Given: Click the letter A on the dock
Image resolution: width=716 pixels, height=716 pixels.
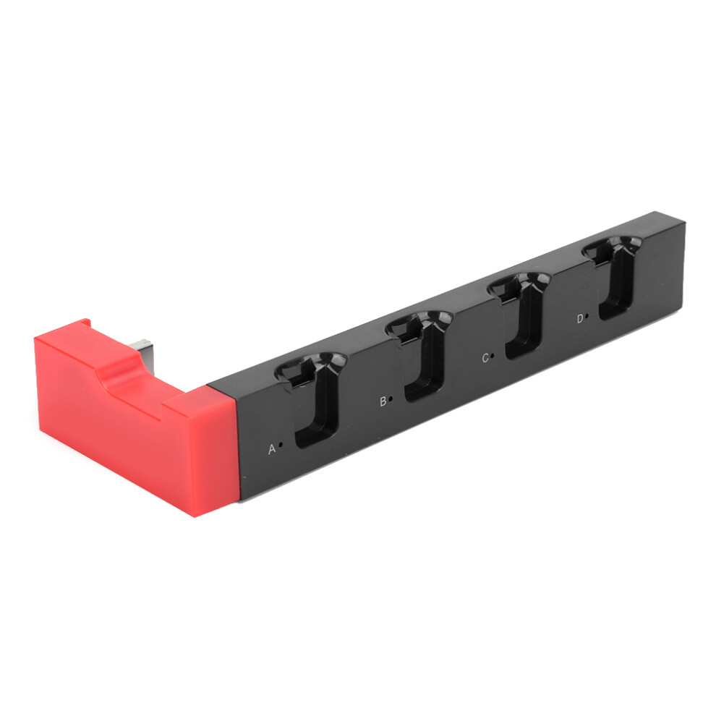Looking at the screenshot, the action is pos(272,449).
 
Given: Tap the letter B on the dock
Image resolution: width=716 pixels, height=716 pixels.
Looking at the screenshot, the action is pos(383,401).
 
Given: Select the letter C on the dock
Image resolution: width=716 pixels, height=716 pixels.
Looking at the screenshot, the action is pos(485,358).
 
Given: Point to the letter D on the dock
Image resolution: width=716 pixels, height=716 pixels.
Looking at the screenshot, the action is pos(580,319).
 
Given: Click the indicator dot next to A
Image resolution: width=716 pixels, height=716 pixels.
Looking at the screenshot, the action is pos(281,444).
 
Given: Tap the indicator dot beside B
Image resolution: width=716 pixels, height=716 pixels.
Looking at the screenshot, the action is pos(391,399).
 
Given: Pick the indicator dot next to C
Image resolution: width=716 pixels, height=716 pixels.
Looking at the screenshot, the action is pos(493,355).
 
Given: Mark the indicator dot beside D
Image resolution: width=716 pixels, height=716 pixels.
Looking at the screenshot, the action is pos(587,315).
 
